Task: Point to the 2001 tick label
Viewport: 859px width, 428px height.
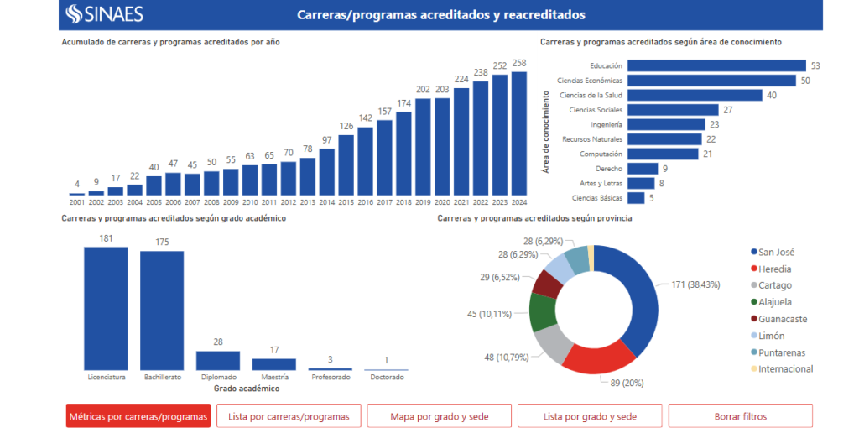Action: [x=77, y=202]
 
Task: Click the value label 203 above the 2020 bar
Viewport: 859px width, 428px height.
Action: [x=442, y=89]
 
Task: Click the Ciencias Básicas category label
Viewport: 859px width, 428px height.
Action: [x=597, y=198]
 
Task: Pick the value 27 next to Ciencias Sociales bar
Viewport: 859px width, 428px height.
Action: [x=728, y=110]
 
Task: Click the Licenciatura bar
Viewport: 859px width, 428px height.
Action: [x=106, y=308]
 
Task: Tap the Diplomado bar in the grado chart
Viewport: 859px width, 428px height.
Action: [x=218, y=361]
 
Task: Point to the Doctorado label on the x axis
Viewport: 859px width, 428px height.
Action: [x=386, y=377]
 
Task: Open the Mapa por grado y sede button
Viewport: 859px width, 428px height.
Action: [x=439, y=416]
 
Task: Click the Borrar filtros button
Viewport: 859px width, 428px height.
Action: [x=740, y=416]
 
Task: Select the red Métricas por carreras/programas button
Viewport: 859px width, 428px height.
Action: [x=138, y=416]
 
